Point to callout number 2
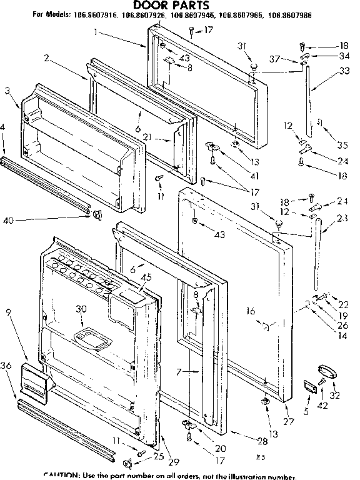tap(46, 57)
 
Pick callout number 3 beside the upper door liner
tap(7, 90)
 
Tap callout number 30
tap(81, 307)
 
